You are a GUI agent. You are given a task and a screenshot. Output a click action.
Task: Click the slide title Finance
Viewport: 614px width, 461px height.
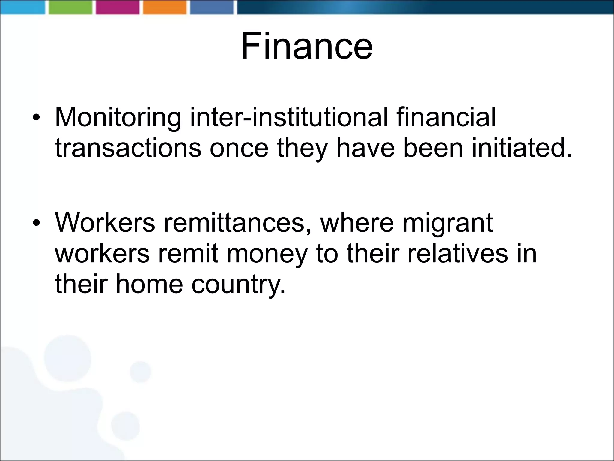coord(307,46)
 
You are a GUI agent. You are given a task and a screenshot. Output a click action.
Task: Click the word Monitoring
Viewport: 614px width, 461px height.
coord(118,117)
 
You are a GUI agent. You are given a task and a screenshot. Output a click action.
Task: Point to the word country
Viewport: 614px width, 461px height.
coord(238,285)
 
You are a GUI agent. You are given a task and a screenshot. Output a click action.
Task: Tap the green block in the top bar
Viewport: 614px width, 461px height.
coord(70,7)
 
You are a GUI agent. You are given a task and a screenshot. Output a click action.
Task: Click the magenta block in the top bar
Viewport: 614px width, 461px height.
coord(118,7)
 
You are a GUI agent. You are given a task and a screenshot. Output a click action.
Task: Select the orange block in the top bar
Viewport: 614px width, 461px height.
coord(165,7)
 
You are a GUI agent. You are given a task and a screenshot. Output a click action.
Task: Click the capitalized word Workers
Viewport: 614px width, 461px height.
coord(105,223)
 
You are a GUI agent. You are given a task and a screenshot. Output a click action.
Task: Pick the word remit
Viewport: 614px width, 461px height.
coord(188,254)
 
